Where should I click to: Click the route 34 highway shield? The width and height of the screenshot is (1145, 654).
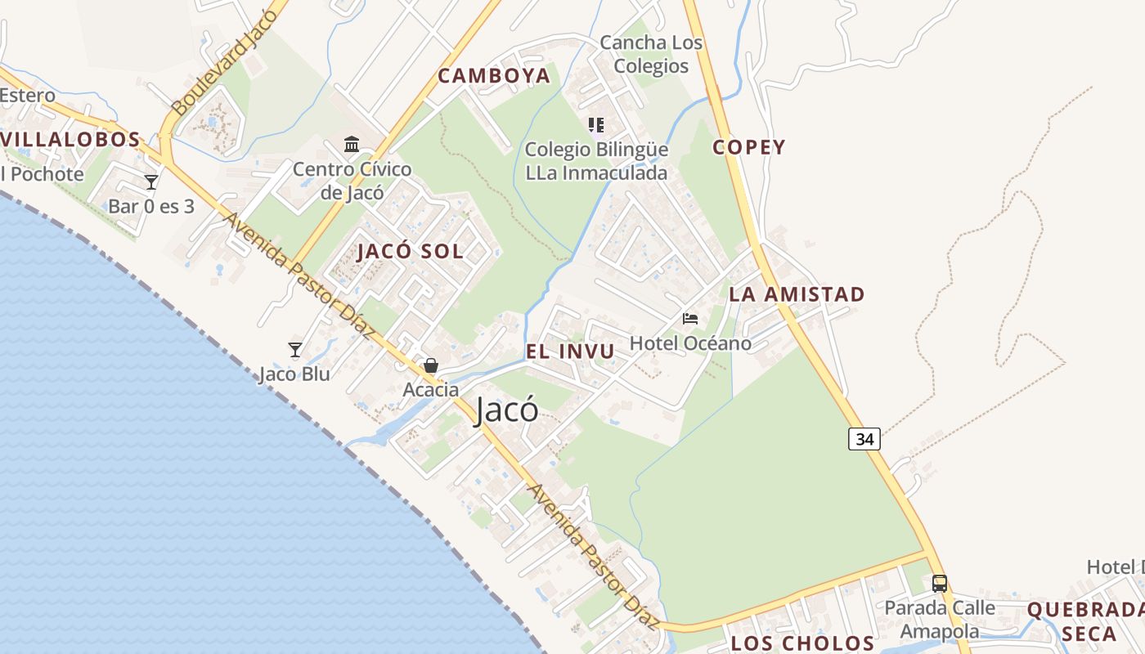coord(864,439)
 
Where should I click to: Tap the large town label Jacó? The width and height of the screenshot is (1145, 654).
coord(507,410)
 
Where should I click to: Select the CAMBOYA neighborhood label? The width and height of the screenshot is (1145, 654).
coord(494,76)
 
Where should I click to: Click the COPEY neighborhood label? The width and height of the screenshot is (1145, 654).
coord(748,147)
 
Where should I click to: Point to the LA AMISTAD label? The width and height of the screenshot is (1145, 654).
coord(797,294)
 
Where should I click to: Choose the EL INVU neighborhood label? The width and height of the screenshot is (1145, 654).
coord(570,352)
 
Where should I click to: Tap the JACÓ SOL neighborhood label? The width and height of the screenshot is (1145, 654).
coord(411,251)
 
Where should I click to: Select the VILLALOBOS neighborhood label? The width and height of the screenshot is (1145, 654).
coord(70,140)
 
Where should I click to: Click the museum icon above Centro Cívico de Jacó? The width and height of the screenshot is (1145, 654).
coord(352,145)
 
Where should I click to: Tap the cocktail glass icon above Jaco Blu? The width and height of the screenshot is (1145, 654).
coord(295,350)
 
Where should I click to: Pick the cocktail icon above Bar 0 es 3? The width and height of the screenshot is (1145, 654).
coord(151,181)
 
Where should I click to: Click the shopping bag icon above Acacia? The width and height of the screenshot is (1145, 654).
coord(431,365)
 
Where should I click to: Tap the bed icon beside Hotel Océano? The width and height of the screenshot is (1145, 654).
coord(690,318)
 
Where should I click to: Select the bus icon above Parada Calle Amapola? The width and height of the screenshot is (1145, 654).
coord(940,584)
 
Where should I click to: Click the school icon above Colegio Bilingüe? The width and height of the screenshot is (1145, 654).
coord(596,125)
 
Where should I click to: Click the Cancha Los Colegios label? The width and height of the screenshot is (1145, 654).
coord(651,54)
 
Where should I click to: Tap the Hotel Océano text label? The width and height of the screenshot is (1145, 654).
coord(691,343)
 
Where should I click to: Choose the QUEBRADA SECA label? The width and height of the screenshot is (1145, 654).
coord(1084,621)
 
